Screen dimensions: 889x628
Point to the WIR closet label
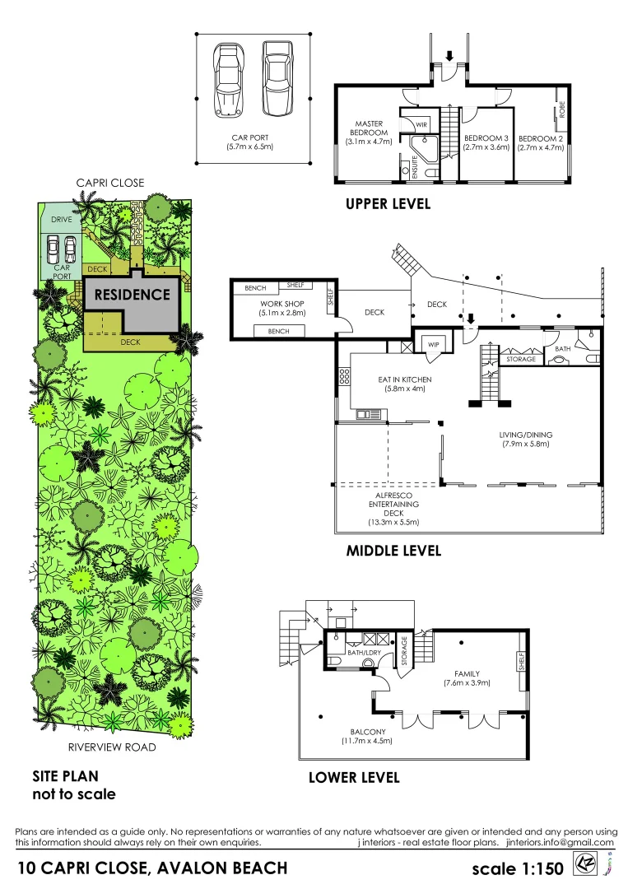(x=421, y=124)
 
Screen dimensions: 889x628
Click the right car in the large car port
(x=277, y=79)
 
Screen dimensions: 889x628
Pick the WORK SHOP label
(x=277, y=304)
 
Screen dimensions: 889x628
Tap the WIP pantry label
(x=432, y=344)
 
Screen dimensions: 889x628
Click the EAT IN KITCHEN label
(x=404, y=379)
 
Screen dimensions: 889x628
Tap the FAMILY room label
(x=466, y=673)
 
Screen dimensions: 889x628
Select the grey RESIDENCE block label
(x=132, y=294)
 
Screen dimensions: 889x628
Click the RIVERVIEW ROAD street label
(x=111, y=747)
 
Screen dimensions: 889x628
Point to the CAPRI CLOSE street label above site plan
(x=109, y=183)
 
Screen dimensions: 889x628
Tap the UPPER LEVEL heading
(x=388, y=203)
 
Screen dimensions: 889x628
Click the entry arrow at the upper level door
(x=449, y=56)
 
